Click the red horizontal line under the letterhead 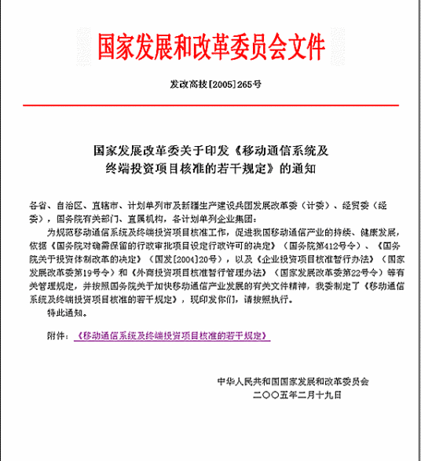coord(210,104)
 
